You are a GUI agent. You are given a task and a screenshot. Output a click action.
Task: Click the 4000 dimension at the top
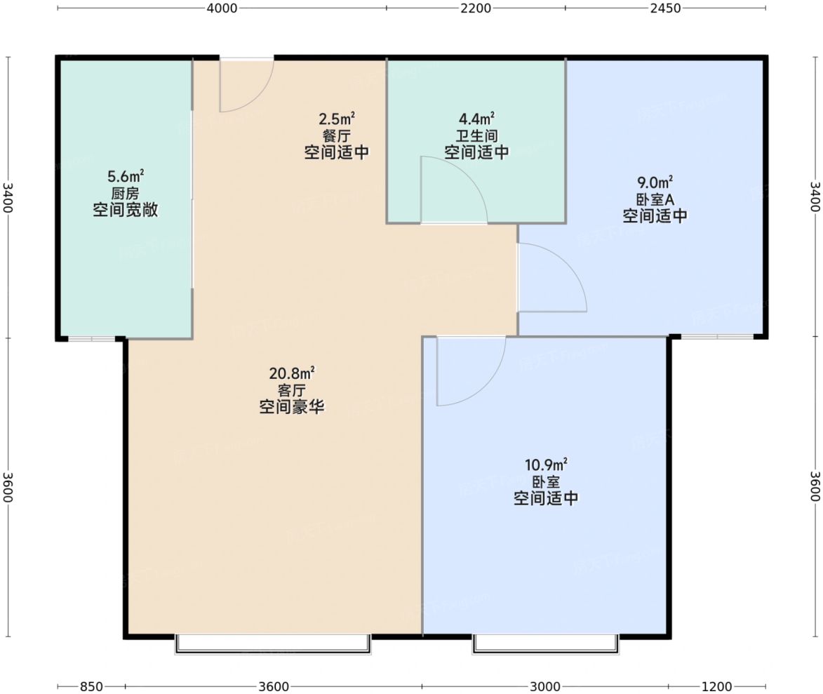click(222, 8)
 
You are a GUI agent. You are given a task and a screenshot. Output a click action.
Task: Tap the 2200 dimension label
click(476, 8)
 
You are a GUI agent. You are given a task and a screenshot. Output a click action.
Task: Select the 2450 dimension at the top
click(665, 8)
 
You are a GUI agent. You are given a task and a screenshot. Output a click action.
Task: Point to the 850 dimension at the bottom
click(91, 686)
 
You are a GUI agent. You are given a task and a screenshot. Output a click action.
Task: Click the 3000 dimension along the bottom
click(545, 686)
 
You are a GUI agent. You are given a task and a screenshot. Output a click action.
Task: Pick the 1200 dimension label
click(716, 686)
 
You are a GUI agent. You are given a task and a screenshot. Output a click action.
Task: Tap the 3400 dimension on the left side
click(7, 197)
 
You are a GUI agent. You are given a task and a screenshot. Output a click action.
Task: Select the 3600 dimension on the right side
click(815, 486)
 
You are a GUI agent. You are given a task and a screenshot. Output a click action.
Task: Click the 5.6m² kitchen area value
click(126, 176)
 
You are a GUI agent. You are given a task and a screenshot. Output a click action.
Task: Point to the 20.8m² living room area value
click(292, 373)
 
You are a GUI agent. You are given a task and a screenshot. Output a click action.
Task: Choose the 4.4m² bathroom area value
click(476, 118)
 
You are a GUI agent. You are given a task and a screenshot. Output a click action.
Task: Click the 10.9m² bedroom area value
click(546, 464)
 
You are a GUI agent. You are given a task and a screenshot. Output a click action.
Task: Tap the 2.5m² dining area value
click(337, 118)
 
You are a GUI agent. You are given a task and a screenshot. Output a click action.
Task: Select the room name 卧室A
click(655, 199)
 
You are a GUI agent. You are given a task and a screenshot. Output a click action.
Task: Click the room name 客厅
click(292, 390)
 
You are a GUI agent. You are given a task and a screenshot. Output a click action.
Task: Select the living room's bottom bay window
click(273, 644)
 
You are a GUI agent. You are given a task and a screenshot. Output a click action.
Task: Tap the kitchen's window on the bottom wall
click(92, 339)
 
